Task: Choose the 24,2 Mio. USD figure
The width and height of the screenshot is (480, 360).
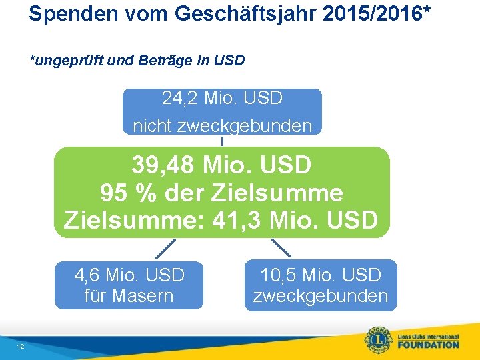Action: tap(222, 99)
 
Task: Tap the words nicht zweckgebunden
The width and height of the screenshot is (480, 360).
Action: tap(222, 125)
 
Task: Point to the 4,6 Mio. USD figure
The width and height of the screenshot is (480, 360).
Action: tap(129, 275)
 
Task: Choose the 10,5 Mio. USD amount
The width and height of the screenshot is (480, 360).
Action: tap(321, 275)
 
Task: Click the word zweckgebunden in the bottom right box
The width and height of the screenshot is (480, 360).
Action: tap(321, 295)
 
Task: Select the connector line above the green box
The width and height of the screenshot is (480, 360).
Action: tap(222, 141)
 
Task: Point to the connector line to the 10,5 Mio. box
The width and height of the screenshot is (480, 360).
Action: tap(281, 248)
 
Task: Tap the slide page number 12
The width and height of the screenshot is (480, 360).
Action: tap(21, 347)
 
